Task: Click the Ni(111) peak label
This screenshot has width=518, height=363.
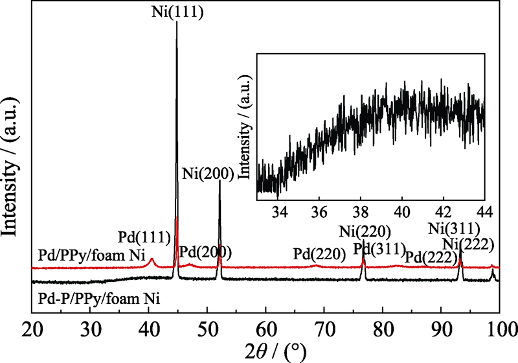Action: click(177, 12)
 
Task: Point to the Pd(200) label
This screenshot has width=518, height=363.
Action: click(205, 252)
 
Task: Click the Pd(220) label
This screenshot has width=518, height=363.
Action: click(319, 252)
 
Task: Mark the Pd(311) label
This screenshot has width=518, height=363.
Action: click(379, 249)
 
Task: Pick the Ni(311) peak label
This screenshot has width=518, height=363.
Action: click(455, 228)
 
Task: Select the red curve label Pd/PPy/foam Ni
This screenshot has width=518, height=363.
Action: click(85, 253)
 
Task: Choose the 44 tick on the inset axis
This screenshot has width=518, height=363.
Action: click(484, 211)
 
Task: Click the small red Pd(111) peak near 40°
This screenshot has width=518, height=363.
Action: click(152, 260)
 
